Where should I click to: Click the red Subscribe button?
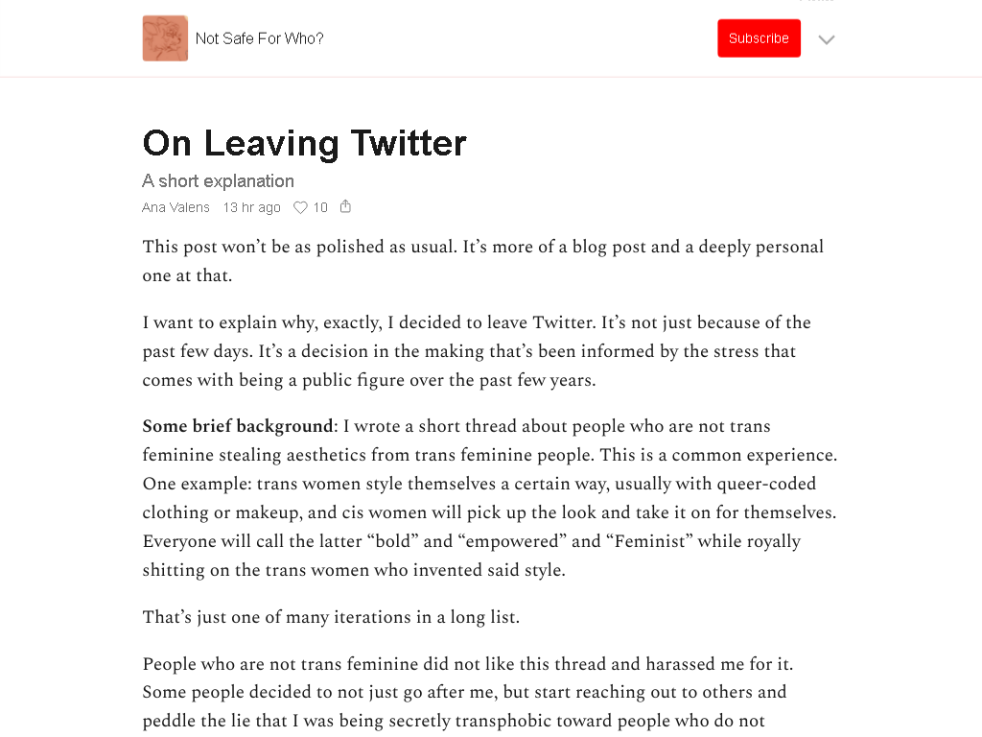click(759, 38)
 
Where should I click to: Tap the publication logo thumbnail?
click(165, 38)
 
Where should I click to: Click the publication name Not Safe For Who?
click(259, 38)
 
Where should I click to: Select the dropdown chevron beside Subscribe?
click(827, 39)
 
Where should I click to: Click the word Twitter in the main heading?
click(408, 143)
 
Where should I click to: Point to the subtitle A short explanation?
click(218, 181)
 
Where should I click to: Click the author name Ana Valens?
click(175, 207)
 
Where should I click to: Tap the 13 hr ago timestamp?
click(251, 207)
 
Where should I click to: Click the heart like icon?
click(300, 207)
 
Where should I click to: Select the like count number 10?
click(320, 207)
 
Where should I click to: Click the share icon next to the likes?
click(345, 206)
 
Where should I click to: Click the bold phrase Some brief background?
click(237, 426)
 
